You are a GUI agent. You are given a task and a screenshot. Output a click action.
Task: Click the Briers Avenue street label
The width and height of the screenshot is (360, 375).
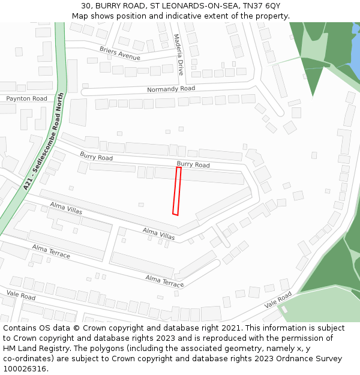[x=120, y=53]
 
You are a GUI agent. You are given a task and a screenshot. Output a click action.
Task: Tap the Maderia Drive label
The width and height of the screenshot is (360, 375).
[x=179, y=54]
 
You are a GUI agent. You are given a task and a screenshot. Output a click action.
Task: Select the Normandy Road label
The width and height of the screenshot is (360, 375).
[x=171, y=89]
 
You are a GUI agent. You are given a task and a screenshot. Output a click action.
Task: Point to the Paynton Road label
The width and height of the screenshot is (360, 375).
[x=26, y=98]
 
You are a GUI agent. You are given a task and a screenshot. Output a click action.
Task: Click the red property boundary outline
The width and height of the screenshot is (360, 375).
[x=177, y=191]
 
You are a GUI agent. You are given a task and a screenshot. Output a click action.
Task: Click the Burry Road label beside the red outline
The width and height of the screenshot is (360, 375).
[x=193, y=164]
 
